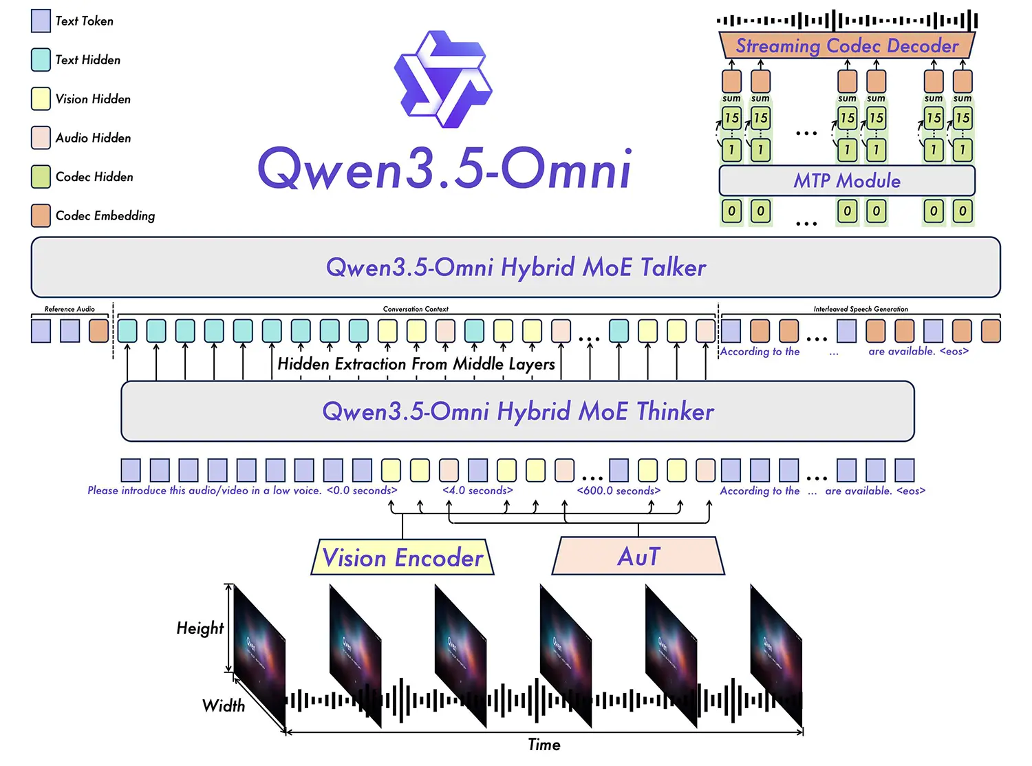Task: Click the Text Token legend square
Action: coord(41,21)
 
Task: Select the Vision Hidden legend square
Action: coord(41,98)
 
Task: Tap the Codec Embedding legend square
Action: coord(41,215)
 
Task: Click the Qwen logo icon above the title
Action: coord(443,79)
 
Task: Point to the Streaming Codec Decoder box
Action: coord(847,46)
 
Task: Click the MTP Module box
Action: coord(847,180)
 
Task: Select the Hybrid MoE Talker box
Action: coord(515,267)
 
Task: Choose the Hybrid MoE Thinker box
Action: coord(517,411)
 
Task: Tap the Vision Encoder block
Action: coord(402,557)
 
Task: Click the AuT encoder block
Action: coord(638,556)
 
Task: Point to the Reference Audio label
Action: coord(69,309)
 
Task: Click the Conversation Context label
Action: coord(416,309)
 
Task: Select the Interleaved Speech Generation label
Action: coord(861,309)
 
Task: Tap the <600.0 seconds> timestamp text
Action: coord(619,491)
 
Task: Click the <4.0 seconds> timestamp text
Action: coord(477,491)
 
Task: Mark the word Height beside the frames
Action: coord(200,628)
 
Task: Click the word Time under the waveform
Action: coord(544,745)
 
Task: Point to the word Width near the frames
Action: coord(223,705)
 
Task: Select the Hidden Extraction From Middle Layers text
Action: coord(416,364)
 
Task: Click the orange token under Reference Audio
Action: coord(98,331)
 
